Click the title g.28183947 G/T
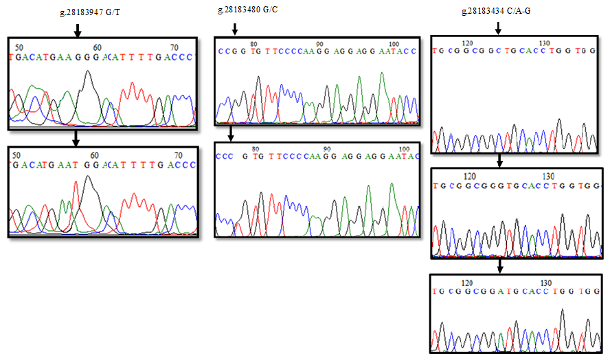(91, 12)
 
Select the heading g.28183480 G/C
(247, 10)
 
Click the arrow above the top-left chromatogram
(77, 30)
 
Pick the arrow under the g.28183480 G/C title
(234, 28)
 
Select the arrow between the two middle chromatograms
(231, 132)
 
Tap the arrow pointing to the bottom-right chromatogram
(499, 265)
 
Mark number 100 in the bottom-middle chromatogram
(404, 148)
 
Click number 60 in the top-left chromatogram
(98, 47)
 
